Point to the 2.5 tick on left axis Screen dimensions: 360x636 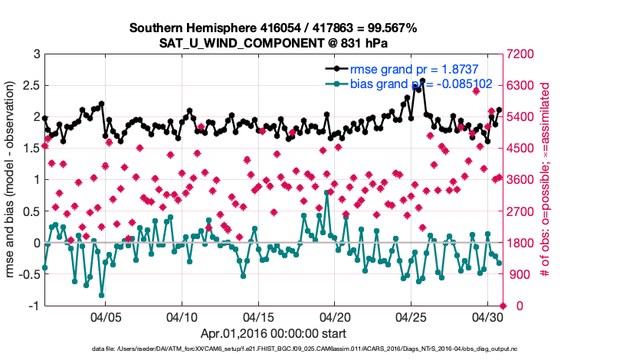coord(32,86)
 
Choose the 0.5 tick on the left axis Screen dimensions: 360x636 coord(32,211)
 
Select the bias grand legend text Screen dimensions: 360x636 coord(410,83)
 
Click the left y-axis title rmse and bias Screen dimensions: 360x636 coord(13,180)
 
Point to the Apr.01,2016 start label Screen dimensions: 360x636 coord(273,334)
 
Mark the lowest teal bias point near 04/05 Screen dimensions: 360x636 coord(102,294)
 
